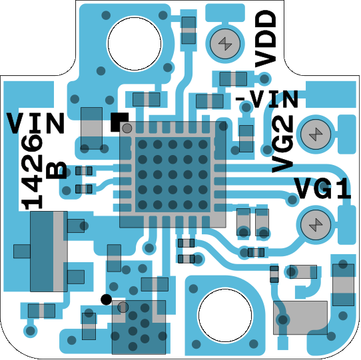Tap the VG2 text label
point(282,144)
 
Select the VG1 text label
point(322,188)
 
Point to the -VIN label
point(267,99)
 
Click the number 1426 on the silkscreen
point(32,172)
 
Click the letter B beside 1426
point(57,171)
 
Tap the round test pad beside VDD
point(225,43)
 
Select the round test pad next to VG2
point(316,134)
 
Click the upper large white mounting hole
point(135,44)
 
